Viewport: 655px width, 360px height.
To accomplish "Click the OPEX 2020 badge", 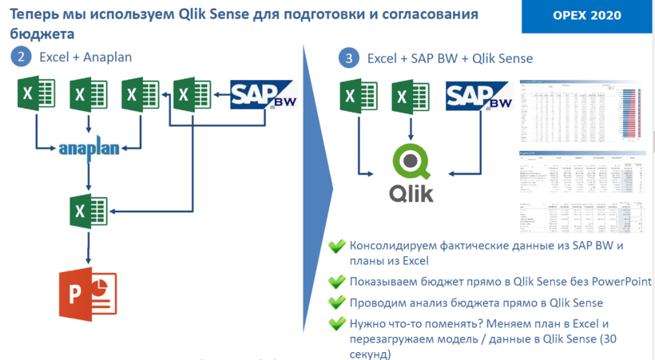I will click(x=586, y=16).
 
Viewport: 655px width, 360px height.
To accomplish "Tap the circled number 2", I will click(x=21, y=57).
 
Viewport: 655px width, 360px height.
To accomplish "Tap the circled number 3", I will click(x=348, y=58).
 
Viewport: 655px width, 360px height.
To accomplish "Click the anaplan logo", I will click(x=89, y=148).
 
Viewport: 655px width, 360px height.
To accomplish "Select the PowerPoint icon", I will click(x=87, y=295).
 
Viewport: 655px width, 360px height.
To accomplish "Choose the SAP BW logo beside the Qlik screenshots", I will click(x=478, y=95).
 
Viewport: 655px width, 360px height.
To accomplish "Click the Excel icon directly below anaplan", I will click(x=88, y=211).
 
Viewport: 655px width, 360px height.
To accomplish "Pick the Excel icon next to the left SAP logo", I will click(x=192, y=95).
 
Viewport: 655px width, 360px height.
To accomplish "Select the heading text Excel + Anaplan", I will click(x=85, y=57).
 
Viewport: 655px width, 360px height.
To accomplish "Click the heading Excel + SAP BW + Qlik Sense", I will click(x=450, y=58).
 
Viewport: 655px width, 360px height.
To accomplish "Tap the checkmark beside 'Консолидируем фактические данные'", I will click(x=337, y=246).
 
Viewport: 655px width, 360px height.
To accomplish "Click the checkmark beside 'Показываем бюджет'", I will click(x=337, y=282).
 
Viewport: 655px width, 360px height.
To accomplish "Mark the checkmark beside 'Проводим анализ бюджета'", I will click(x=337, y=303).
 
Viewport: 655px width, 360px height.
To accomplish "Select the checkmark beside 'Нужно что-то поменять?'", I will click(x=337, y=323).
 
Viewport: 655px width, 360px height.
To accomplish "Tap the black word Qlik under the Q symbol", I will click(x=411, y=193).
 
